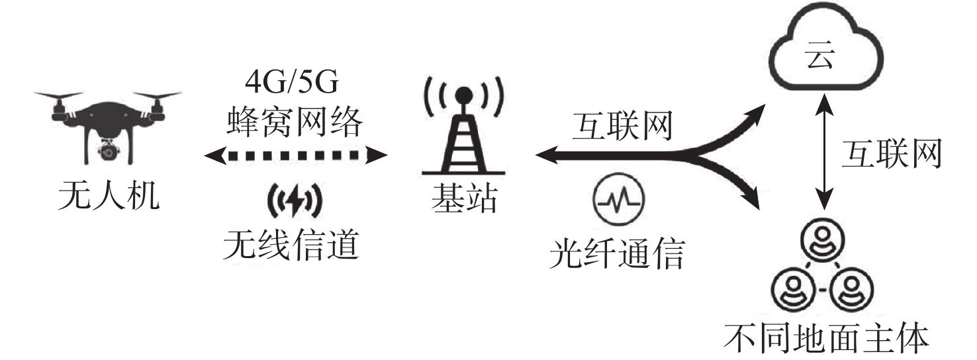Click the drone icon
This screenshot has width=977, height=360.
108,126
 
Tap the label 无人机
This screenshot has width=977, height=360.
109,196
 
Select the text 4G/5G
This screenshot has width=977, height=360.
292,82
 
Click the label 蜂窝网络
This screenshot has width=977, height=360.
295,122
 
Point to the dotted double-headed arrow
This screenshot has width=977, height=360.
296,155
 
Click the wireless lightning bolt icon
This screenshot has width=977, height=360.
295,201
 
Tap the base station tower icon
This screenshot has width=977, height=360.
463,126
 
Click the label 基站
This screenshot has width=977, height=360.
464,199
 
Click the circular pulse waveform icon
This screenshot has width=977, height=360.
618,199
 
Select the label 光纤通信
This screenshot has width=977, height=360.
617,253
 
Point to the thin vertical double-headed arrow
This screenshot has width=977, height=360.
823,153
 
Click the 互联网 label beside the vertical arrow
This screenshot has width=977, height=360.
892,153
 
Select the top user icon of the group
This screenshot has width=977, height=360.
823,241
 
